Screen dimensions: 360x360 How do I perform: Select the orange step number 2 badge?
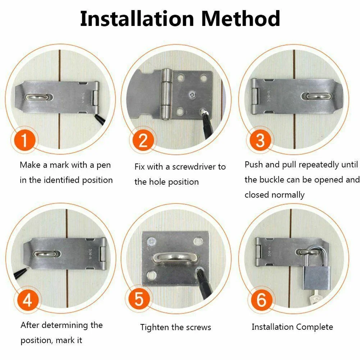(143, 140)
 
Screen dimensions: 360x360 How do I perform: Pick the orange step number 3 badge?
(260, 140)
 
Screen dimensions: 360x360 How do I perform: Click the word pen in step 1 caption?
(104, 165)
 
